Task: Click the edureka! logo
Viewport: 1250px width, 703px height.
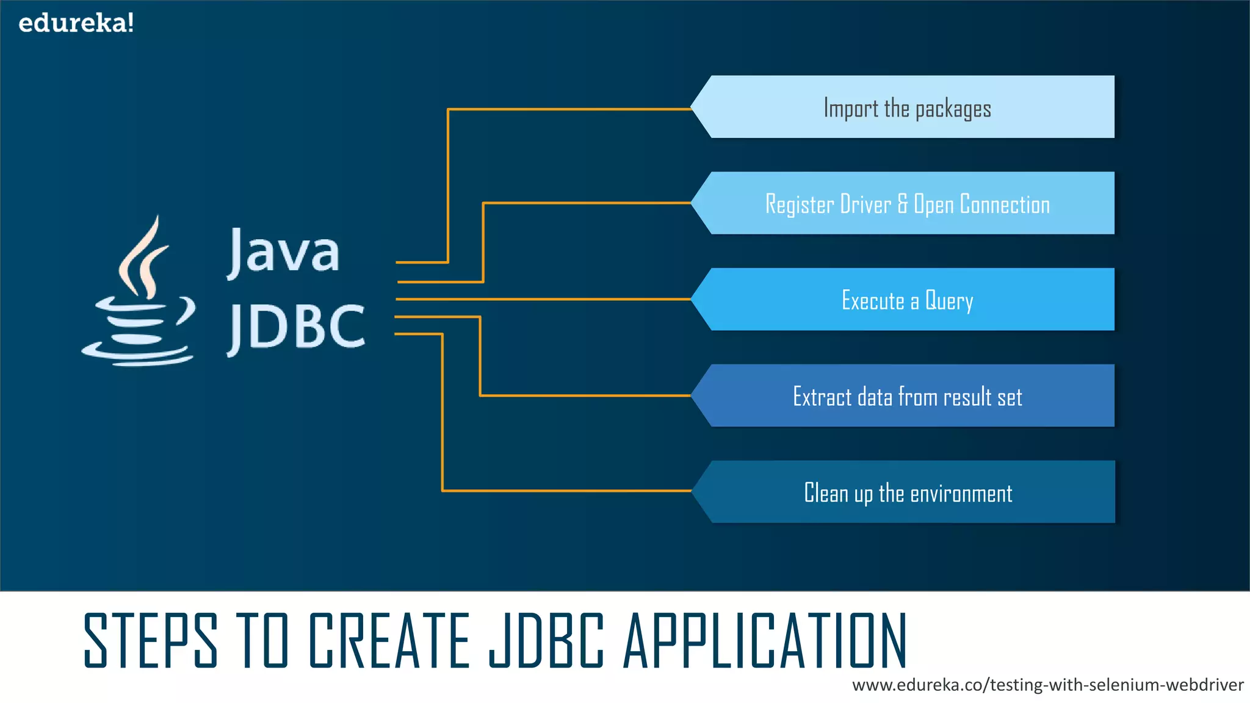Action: [x=76, y=23]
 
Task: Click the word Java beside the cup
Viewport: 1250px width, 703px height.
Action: [x=284, y=251]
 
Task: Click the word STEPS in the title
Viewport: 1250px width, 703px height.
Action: [x=150, y=641]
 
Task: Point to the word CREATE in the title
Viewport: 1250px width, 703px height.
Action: [x=389, y=641]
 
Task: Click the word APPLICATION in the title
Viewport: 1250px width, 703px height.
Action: [x=765, y=641]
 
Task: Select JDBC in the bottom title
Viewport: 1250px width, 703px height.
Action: [x=546, y=641]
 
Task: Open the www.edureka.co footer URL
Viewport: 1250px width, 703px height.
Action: [x=1047, y=685]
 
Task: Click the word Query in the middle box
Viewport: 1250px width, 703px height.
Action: [x=949, y=301]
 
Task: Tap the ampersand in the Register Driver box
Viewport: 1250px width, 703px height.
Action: [x=903, y=204]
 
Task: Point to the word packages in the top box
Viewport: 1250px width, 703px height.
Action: [x=953, y=109]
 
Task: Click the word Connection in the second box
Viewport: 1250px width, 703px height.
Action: [x=1005, y=204]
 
